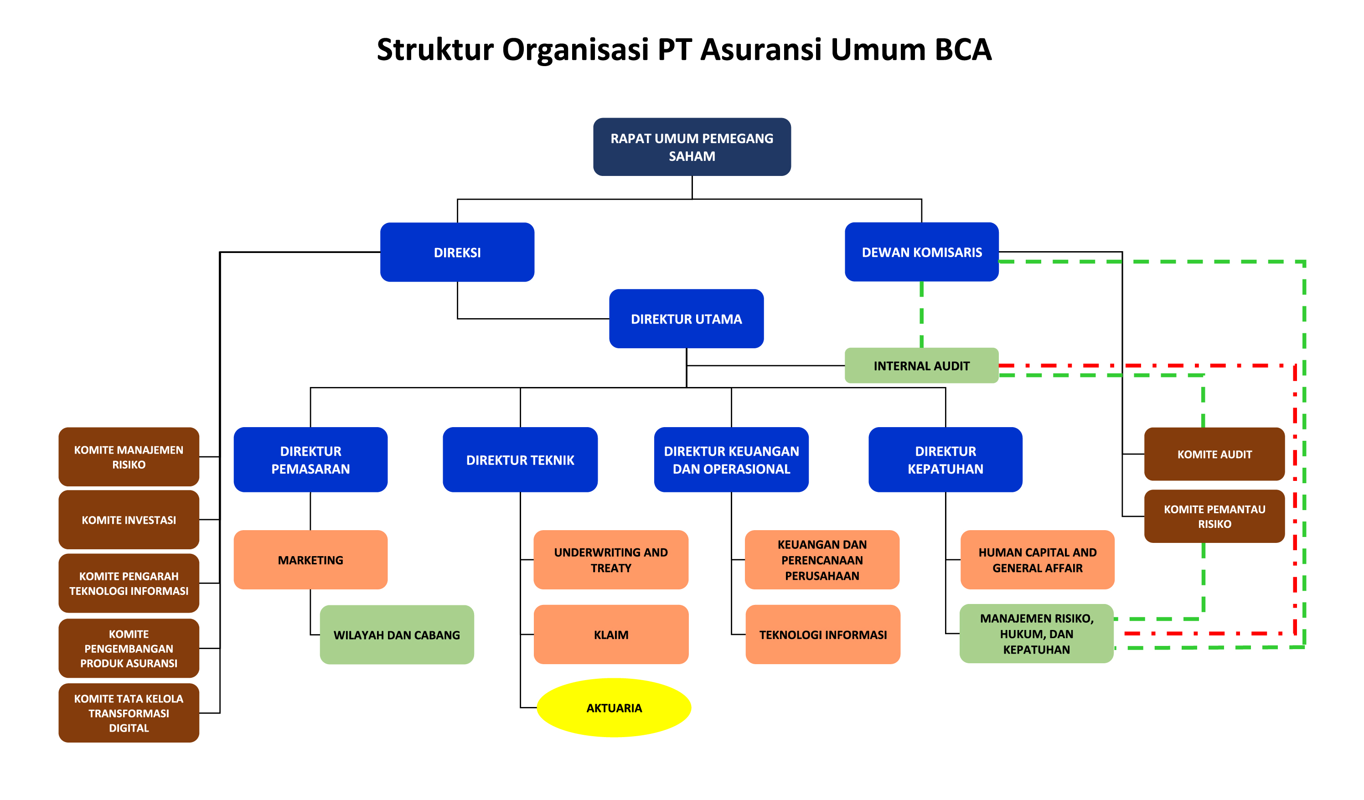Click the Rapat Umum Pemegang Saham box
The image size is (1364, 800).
(x=692, y=147)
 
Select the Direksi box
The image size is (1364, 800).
(x=457, y=252)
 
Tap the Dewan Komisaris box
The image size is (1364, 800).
(x=921, y=252)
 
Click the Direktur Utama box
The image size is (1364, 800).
(x=686, y=319)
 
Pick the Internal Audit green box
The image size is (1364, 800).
(x=921, y=366)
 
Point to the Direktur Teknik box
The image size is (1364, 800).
(x=520, y=459)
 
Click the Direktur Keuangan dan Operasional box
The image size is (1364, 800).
(x=731, y=459)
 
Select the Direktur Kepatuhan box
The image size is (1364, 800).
(x=945, y=459)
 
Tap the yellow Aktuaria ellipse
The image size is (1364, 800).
(x=614, y=707)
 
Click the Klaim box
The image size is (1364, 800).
(x=610, y=635)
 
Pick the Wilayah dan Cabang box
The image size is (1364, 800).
(x=396, y=635)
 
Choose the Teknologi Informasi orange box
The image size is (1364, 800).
(x=822, y=635)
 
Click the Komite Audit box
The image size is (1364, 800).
(x=1214, y=454)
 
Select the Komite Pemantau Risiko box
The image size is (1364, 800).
(x=1214, y=516)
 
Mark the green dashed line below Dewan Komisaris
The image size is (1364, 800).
(x=921, y=315)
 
